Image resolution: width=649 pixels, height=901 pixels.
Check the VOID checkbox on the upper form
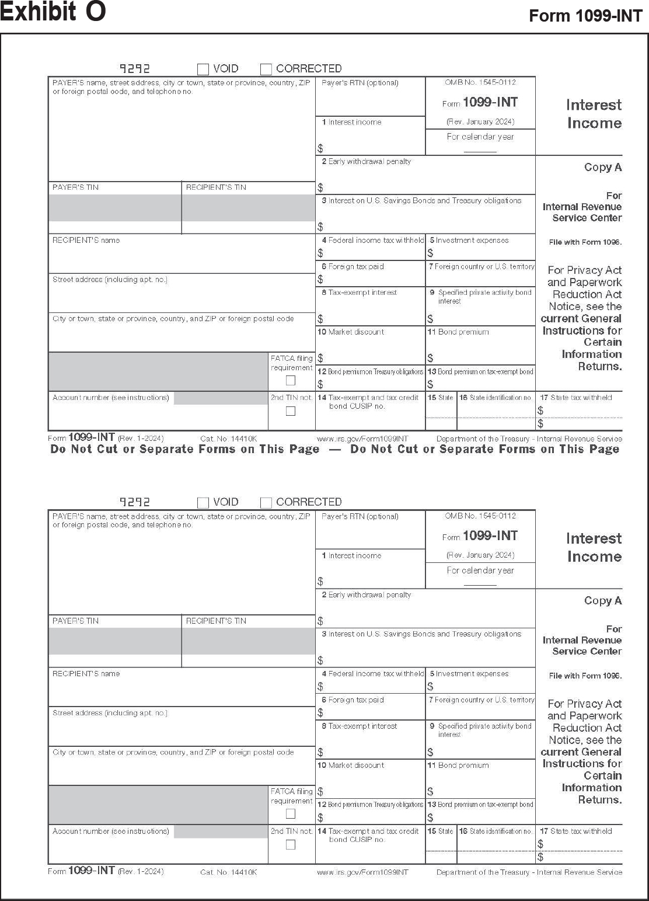point(203,69)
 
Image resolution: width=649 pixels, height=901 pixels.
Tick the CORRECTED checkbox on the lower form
point(266,503)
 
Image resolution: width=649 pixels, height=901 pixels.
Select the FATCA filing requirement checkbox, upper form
point(291,381)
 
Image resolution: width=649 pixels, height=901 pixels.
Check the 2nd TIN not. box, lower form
point(291,844)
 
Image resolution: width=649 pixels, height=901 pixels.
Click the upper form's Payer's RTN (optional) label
point(360,83)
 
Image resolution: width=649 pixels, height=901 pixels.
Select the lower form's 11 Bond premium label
point(458,766)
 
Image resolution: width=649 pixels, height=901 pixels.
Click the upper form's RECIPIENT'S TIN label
point(216,187)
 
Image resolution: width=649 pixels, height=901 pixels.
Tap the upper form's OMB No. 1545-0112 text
point(480,82)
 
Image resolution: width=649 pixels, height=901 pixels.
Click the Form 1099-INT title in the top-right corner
point(585,16)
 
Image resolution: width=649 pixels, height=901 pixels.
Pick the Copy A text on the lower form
point(603,601)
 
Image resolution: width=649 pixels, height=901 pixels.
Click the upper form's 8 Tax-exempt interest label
point(359,293)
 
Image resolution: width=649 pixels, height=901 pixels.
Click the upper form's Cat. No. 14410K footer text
point(228,439)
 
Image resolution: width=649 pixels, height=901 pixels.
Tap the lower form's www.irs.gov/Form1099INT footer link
point(362,872)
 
